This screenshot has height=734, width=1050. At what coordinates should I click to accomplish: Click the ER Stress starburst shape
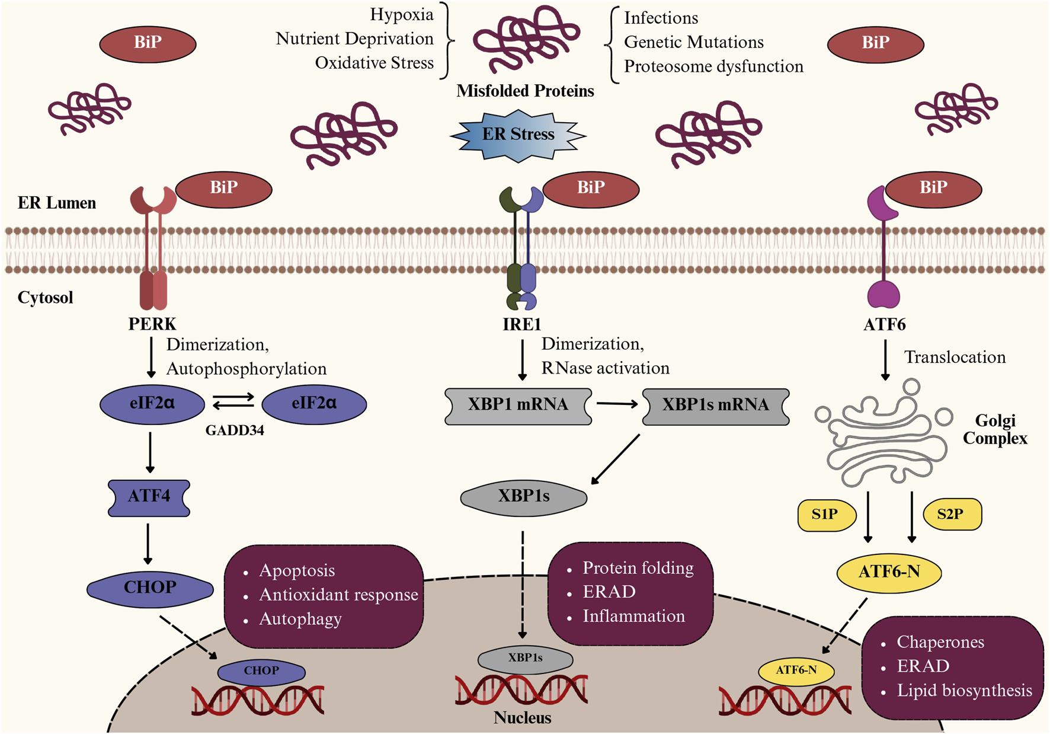(x=518, y=135)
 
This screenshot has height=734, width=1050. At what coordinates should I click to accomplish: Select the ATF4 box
(x=149, y=497)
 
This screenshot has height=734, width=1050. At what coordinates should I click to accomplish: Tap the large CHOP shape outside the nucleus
(x=150, y=588)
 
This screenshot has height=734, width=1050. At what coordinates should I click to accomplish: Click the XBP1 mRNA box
(x=518, y=406)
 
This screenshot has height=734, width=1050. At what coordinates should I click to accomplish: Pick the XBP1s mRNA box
(x=715, y=406)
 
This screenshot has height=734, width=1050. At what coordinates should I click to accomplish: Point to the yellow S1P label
(x=825, y=515)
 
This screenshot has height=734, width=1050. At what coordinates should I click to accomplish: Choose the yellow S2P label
(x=951, y=515)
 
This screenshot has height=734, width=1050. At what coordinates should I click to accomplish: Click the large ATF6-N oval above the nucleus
(x=889, y=572)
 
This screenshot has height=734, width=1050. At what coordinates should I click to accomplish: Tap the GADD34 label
(x=235, y=431)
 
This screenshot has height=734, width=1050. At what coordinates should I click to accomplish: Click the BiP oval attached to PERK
(x=224, y=189)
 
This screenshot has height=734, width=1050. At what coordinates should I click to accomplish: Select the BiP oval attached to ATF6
(x=933, y=189)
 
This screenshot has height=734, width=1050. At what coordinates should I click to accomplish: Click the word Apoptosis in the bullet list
(x=297, y=570)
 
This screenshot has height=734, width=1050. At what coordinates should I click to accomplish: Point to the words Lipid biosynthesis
(x=964, y=691)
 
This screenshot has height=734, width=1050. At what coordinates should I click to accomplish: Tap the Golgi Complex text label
(x=995, y=429)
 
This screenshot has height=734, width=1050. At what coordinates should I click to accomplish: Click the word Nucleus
(x=522, y=718)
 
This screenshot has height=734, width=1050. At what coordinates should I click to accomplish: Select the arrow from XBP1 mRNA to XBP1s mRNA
(x=616, y=404)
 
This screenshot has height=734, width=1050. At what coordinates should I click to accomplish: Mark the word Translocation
(x=955, y=358)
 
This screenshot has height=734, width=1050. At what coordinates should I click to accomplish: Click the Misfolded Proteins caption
(x=525, y=91)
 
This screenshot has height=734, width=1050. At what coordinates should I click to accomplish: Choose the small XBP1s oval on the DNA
(x=525, y=658)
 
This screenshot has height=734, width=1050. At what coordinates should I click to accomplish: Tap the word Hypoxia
(x=401, y=15)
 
